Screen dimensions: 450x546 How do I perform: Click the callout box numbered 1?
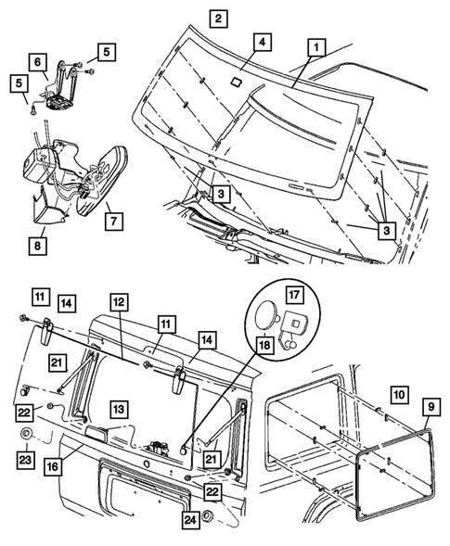click(x=316, y=47)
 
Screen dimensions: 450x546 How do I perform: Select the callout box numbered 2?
click(x=218, y=19)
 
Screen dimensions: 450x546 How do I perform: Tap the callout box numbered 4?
click(x=263, y=43)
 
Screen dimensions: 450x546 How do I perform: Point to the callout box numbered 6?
click(x=37, y=62)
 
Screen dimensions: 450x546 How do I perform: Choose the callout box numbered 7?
click(x=114, y=221)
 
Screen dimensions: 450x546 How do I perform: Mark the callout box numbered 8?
click(x=37, y=246)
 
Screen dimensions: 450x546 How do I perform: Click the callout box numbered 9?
click(x=431, y=407)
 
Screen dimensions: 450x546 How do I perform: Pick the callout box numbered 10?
click(x=399, y=395)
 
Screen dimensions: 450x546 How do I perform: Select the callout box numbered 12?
click(x=119, y=302)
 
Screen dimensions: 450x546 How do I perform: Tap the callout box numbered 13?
click(x=119, y=409)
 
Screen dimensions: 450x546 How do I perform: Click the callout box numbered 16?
click(x=53, y=467)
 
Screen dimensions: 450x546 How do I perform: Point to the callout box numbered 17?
click(x=294, y=295)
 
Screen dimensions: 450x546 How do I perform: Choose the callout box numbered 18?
click(x=265, y=346)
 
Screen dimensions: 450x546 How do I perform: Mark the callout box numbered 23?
click(x=25, y=461)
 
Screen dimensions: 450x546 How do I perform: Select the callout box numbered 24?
click(x=190, y=520)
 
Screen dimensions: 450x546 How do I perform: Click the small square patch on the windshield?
click(x=238, y=82)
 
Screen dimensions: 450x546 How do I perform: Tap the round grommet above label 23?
click(x=26, y=435)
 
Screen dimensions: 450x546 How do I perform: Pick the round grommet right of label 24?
click(x=208, y=516)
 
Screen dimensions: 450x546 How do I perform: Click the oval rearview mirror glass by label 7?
click(x=102, y=181)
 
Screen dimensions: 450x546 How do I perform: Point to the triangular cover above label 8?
click(x=49, y=209)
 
